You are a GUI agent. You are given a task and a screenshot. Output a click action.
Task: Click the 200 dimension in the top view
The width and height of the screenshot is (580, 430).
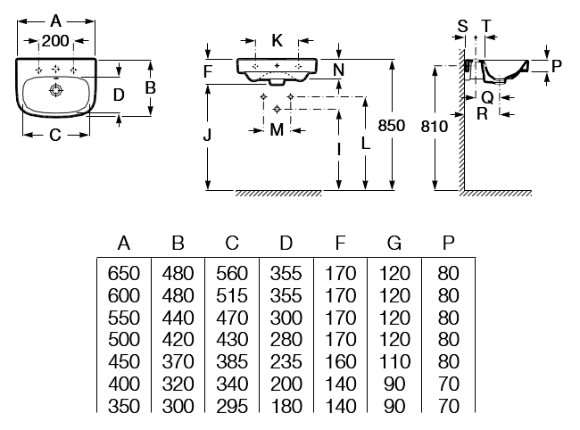55,41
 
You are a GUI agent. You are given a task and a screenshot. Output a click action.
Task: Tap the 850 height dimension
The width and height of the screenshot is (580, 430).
392,126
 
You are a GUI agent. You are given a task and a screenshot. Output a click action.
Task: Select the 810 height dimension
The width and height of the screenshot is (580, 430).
435,127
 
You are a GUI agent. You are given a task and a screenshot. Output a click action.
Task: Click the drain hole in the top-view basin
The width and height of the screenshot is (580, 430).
56,90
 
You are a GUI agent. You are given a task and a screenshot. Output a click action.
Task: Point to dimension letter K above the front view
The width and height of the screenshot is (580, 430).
277,40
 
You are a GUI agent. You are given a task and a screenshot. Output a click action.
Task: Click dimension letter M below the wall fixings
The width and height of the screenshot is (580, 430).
277,129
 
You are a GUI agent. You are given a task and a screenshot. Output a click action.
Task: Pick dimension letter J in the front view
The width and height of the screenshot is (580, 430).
207,135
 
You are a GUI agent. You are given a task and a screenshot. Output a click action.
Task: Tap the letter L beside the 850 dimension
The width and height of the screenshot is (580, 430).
366,143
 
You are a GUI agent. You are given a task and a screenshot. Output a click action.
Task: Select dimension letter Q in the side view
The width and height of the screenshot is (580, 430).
487,98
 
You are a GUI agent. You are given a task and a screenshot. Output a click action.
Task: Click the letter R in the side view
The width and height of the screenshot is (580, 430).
483,114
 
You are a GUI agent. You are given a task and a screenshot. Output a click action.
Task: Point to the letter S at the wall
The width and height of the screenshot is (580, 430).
463,26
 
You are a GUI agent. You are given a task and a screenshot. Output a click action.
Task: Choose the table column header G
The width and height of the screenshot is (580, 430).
394,244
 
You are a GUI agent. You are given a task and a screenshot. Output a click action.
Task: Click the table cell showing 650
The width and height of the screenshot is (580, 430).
124,274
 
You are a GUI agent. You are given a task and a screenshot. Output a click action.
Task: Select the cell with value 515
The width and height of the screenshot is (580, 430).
232,296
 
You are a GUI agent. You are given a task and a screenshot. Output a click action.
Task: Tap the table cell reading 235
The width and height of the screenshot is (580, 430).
286,361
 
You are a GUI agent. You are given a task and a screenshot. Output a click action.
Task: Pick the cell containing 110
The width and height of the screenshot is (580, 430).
394,361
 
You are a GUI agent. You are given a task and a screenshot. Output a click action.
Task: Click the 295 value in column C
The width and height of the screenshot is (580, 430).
232,406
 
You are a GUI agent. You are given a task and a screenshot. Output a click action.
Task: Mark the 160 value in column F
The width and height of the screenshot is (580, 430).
340,361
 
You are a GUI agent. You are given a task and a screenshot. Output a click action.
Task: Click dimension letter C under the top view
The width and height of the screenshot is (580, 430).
55,135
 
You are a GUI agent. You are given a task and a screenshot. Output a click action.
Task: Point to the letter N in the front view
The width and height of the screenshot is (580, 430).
338,70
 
